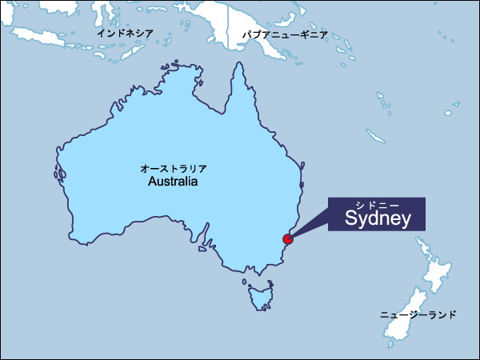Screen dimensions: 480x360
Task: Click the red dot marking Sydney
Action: (288, 238)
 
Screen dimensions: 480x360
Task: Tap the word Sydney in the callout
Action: (378, 218)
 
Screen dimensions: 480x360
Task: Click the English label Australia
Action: (173, 182)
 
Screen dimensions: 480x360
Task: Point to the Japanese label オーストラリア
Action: (174, 169)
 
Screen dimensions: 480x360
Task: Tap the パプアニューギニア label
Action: (285, 36)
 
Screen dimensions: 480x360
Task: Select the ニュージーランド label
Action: (418, 315)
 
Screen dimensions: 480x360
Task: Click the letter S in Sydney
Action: (351, 218)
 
